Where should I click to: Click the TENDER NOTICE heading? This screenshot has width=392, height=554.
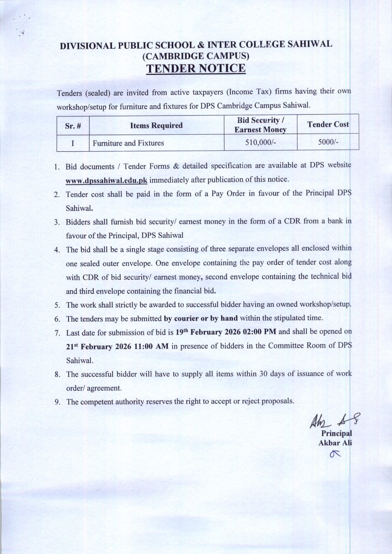coord(196,68)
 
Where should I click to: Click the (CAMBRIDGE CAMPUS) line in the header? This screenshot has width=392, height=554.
coord(196,55)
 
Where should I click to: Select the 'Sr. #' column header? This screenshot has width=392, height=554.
coord(73,126)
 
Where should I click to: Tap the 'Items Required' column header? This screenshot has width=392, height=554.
coord(156,125)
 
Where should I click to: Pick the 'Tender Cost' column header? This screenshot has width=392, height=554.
coord(328,125)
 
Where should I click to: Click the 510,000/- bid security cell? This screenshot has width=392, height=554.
coord(260,143)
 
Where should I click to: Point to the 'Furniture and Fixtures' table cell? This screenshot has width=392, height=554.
coord(128,143)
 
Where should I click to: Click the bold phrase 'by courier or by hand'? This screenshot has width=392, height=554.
coord(201,318)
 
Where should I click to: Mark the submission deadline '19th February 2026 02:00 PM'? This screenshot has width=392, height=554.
coord(226,332)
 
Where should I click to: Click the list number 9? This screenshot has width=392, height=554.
coord(57,402)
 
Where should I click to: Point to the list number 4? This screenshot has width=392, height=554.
coord(57,250)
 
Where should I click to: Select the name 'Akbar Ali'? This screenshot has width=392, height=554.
coord(335,442)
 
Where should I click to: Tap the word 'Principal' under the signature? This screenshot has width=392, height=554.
coord(336,434)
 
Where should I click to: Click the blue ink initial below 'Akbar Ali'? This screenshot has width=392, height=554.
coord(335,454)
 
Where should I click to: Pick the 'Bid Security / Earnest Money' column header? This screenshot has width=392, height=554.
coord(260,125)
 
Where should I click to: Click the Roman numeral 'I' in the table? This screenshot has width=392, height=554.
coord(73,143)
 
